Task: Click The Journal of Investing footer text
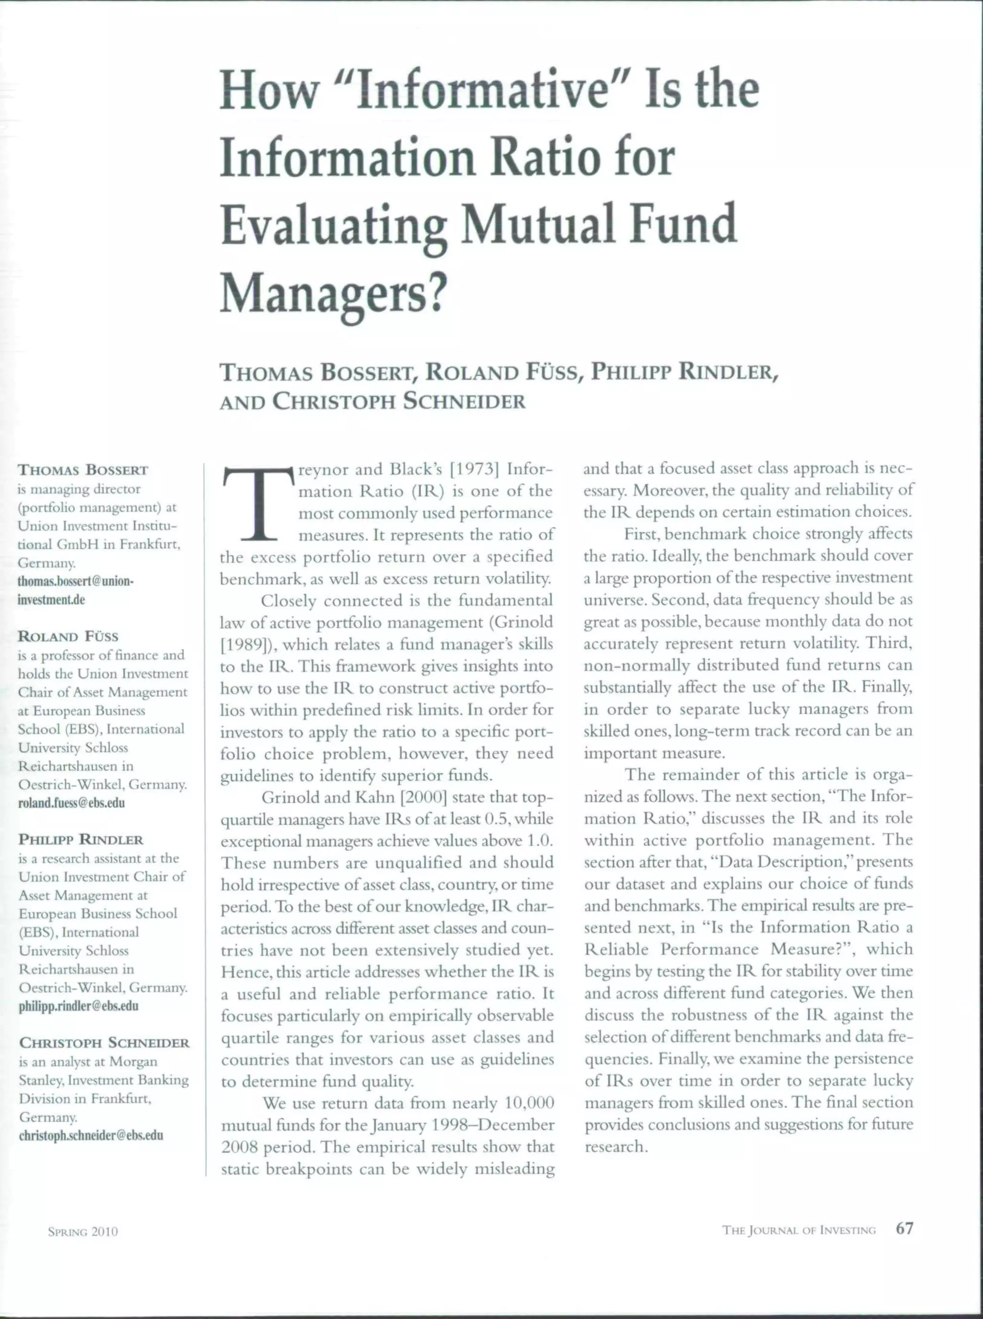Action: point(799,1230)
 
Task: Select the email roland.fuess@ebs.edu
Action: point(72,803)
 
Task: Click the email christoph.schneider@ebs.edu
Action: point(90,1135)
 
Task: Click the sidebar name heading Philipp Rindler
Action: point(81,839)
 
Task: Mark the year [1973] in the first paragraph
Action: point(474,469)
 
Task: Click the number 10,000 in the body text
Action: point(529,1103)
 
